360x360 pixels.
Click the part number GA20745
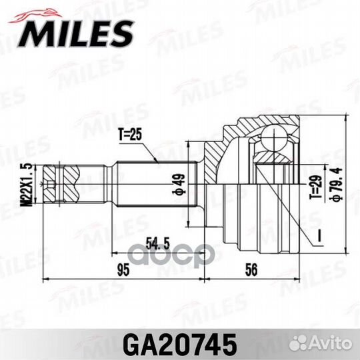tap(180, 345)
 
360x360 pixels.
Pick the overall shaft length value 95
tap(122, 269)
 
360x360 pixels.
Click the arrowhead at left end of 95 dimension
tap(45, 278)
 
